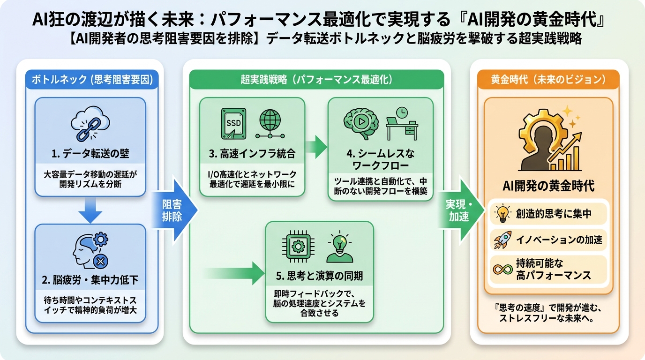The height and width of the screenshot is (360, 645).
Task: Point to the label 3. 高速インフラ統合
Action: pos(252,154)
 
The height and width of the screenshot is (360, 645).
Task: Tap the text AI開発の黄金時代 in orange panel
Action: pos(548,186)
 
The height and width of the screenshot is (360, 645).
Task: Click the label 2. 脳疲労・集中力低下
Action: pos(90,281)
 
